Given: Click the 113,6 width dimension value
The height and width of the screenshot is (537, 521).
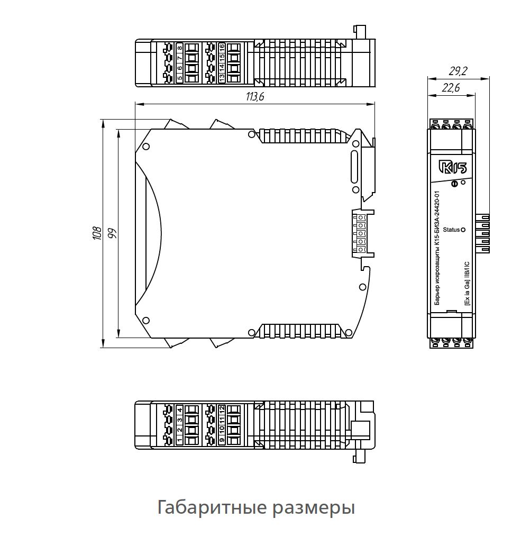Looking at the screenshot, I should (254, 96).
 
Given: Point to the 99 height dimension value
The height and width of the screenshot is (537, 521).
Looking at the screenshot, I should (112, 233).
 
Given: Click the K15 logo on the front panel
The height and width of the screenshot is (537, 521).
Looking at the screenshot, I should (452, 168).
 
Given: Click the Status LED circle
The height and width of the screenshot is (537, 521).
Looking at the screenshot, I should (463, 230).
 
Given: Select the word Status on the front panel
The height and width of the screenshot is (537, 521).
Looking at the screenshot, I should (451, 230).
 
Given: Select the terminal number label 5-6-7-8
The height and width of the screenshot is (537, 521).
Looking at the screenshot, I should (179, 62).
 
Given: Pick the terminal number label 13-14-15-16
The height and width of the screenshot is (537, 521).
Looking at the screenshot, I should (222, 62).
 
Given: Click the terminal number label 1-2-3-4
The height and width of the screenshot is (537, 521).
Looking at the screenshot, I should (179, 425).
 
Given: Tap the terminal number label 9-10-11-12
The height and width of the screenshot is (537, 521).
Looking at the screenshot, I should (222, 425).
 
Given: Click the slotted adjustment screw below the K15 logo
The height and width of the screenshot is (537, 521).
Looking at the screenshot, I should (454, 184).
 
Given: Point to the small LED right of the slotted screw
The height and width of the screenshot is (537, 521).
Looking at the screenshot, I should (463, 182).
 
